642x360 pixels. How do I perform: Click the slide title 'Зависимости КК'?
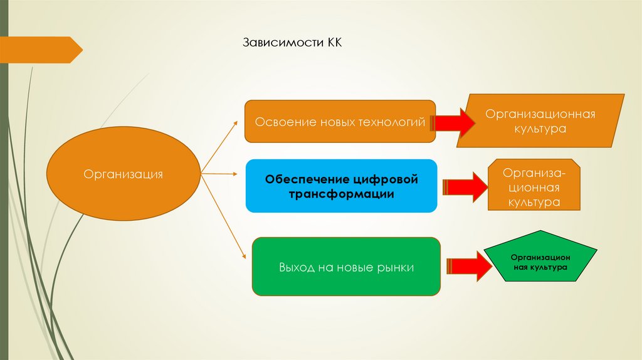[x=291, y=44]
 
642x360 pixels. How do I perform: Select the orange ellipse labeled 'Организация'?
[x=124, y=174]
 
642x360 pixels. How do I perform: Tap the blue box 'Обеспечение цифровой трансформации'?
[x=341, y=186]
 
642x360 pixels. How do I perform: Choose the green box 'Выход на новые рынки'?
[x=346, y=267]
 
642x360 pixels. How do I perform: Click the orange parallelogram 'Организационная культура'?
[x=540, y=121]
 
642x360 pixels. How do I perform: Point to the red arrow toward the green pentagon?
[x=470, y=266]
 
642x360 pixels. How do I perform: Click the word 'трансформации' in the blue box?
[x=341, y=194]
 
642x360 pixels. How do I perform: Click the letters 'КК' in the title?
[x=332, y=44]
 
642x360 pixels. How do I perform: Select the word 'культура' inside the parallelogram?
[x=540, y=129]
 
